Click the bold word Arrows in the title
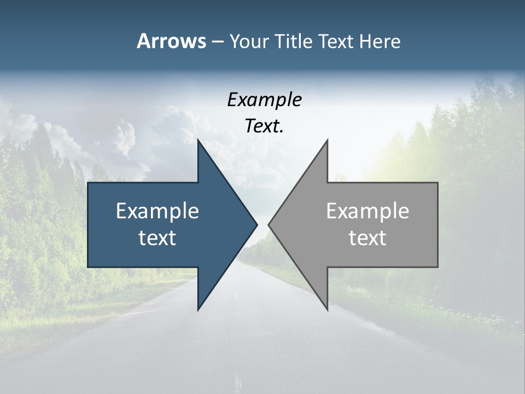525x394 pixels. pyautogui.click(x=171, y=41)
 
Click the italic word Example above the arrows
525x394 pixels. pyautogui.click(x=264, y=100)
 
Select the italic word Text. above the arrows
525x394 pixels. pyautogui.click(x=264, y=126)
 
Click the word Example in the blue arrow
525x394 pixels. pyautogui.click(x=157, y=211)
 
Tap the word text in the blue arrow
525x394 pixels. pyautogui.click(x=157, y=238)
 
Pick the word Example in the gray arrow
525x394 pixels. pyautogui.click(x=367, y=211)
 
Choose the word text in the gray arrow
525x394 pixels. pyautogui.click(x=367, y=238)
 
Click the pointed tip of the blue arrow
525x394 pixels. pyautogui.click(x=257, y=224)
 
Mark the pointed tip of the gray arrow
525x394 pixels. pyautogui.click(x=269, y=224)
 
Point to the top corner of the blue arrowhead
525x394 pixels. pyautogui.click(x=198, y=140)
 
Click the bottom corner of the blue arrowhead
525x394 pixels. pyautogui.click(x=198, y=310)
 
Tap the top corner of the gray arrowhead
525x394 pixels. pyautogui.click(x=327, y=140)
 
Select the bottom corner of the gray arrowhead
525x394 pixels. pyautogui.click(x=327, y=310)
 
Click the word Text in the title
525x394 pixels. pyautogui.click(x=336, y=42)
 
